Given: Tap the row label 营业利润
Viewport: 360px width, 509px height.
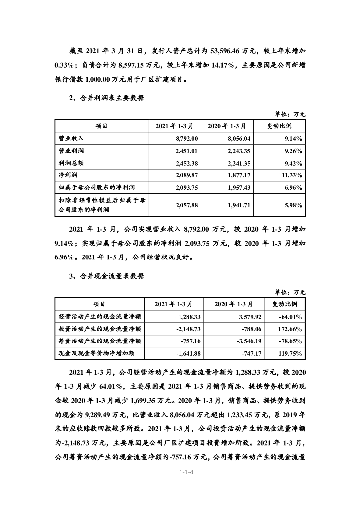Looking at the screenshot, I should click(69, 151).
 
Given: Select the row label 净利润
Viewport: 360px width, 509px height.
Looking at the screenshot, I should click(66, 175).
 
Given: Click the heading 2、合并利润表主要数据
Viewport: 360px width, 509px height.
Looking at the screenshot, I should click(107, 98).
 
